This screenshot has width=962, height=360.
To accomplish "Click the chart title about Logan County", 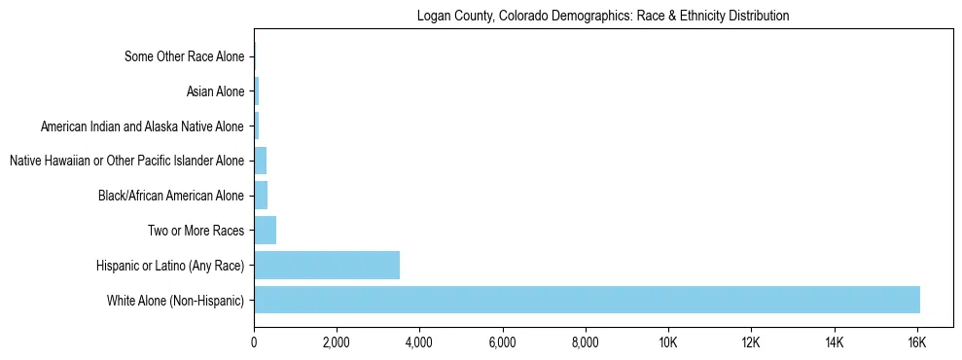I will pyautogui.click(x=602, y=16).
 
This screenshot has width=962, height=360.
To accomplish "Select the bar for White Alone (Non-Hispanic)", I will pyautogui.click(x=587, y=300).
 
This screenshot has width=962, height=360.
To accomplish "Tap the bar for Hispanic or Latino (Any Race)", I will pyautogui.click(x=327, y=265).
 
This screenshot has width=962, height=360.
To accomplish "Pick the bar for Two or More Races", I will pyautogui.click(x=265, y=230).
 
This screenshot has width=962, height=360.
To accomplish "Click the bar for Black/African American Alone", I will pyautogui.click(x=261, y=195).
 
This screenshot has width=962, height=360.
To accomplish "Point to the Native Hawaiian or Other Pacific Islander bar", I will pyautogui.click(x=260, y=161).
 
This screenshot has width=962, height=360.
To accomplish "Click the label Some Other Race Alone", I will pyautogui.click(x=184, y=56).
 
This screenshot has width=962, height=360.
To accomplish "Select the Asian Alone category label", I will pyautogui.click(x=215, y=91).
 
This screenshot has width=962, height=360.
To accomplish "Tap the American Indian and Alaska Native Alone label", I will pyautogui.click(x=142, y=126).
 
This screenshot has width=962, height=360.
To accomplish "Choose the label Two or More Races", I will pyautogui.click(x=202, y=231).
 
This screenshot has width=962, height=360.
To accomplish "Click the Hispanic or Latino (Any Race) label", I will pyautogui.click(x=170, y=266).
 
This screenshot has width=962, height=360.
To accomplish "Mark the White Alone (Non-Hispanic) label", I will pyautogui.click(x=176, y=301).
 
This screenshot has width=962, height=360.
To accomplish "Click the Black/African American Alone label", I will pyautogui.click(x=171, y=196).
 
